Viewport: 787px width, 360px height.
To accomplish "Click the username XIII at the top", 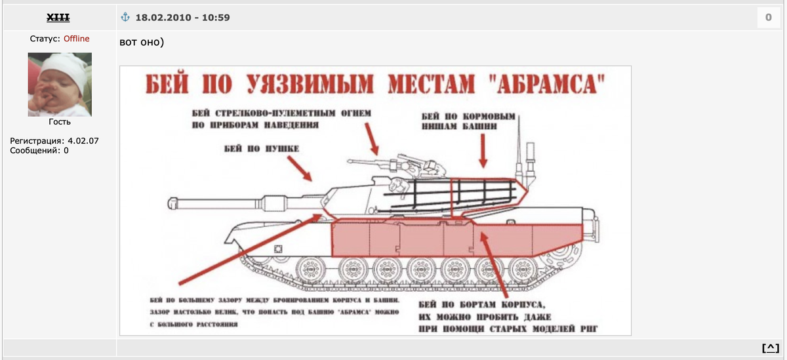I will (x=59, y=17).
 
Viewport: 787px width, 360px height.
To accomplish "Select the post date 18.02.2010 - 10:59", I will (x=182, y=17).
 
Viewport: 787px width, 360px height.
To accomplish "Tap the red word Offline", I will (x=76, y=39).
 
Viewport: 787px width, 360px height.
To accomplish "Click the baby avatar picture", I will (x=60, y=85).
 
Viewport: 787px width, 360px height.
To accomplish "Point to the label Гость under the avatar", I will (x=60, y=122).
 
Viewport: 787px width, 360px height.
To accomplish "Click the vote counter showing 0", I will (x=768, y=18).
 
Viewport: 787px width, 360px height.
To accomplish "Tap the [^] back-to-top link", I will (x=771, y=348).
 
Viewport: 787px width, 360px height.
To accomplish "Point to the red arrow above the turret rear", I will (x=483, y=155).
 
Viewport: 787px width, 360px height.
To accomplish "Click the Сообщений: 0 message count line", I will (x=39, y=151).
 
